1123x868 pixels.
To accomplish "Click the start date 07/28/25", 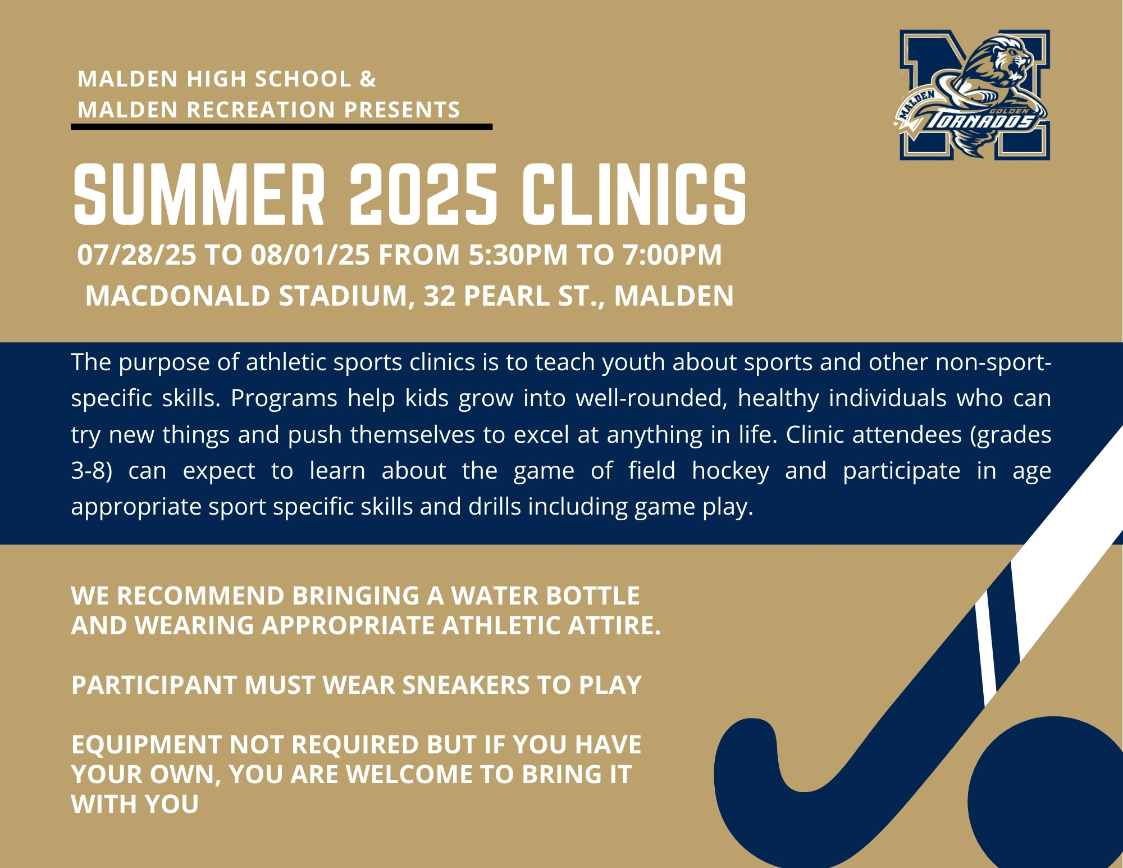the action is (136, 255).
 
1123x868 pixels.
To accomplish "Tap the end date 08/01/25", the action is (310, 255).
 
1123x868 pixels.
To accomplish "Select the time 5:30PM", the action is (518, 255).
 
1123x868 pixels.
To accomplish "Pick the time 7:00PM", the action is (672, 255).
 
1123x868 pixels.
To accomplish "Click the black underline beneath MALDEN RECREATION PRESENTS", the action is (281, 127).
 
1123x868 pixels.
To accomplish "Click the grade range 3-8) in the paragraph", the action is (92, 471).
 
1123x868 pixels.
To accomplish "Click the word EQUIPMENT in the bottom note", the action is (146, 745).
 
